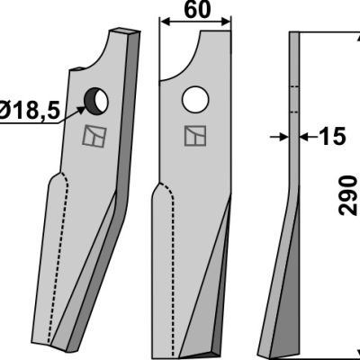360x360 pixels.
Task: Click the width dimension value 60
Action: (197, 10)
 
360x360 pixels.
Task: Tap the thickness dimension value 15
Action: (333, 137)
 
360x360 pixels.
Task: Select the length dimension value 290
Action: (348, 196)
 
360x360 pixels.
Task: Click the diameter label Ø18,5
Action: (30, 110)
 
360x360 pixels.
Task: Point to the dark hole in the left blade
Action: (95, 102)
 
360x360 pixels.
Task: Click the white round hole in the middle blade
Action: (195, 100)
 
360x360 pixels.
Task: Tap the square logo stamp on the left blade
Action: (94, 137)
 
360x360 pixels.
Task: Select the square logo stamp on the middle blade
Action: (195, 136)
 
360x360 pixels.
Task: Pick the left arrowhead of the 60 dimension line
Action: (166, 22)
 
